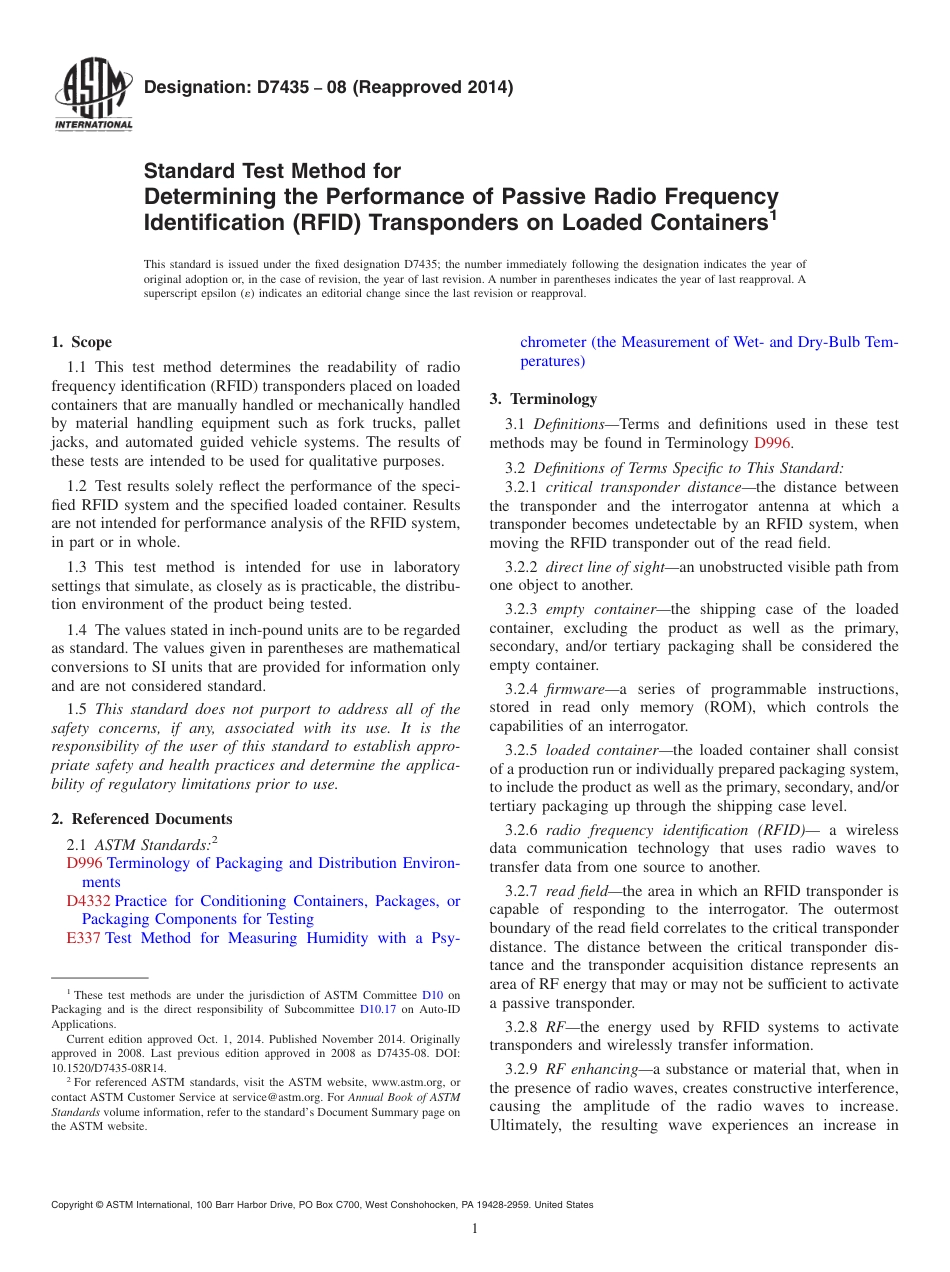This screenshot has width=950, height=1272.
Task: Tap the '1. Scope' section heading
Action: click(82, 342)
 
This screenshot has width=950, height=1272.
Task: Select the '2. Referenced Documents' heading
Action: click(142, 818)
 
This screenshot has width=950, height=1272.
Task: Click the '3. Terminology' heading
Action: click(543, 398)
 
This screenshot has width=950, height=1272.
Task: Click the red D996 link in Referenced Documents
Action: click(84, 863)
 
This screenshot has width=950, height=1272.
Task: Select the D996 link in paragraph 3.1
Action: click(772, 443)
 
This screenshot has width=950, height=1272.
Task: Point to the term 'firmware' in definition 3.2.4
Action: click(575, 689)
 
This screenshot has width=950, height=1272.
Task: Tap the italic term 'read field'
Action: click(577, 891)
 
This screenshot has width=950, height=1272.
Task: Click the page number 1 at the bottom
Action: click(475, 1228)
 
